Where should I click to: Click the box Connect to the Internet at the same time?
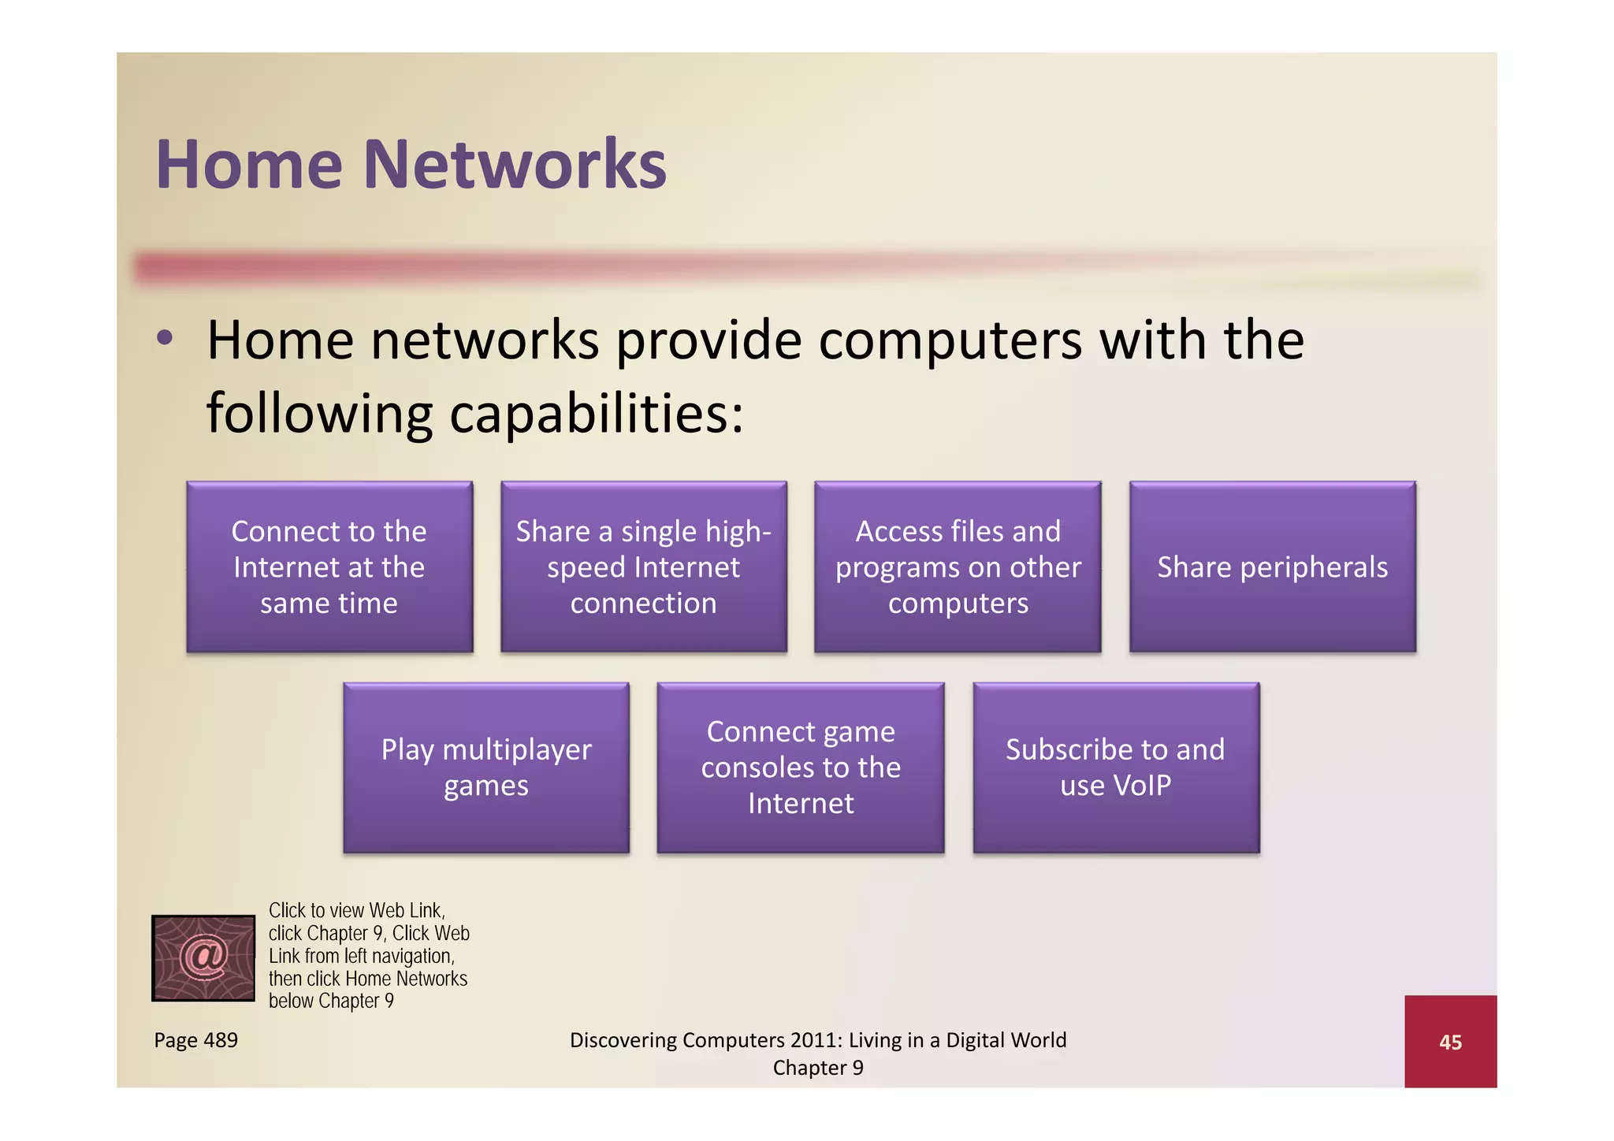point(329,567)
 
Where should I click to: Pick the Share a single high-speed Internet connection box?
point(643,567)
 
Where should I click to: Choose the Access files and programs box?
point(958,567)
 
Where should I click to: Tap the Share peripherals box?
point(1272,567)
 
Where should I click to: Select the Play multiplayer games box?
point(486,767)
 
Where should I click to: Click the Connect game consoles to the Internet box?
point(801,767)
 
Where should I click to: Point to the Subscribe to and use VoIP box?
point(1115,767)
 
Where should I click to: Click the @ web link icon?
point(203,957)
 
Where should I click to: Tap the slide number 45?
point(1450,1042)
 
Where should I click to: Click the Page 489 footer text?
point(195,1040)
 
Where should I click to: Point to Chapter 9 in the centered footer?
point(818,1068)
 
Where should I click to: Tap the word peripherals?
point(1314,568)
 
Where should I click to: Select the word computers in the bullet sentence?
point(950,340)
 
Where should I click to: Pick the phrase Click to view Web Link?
point(356,911)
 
